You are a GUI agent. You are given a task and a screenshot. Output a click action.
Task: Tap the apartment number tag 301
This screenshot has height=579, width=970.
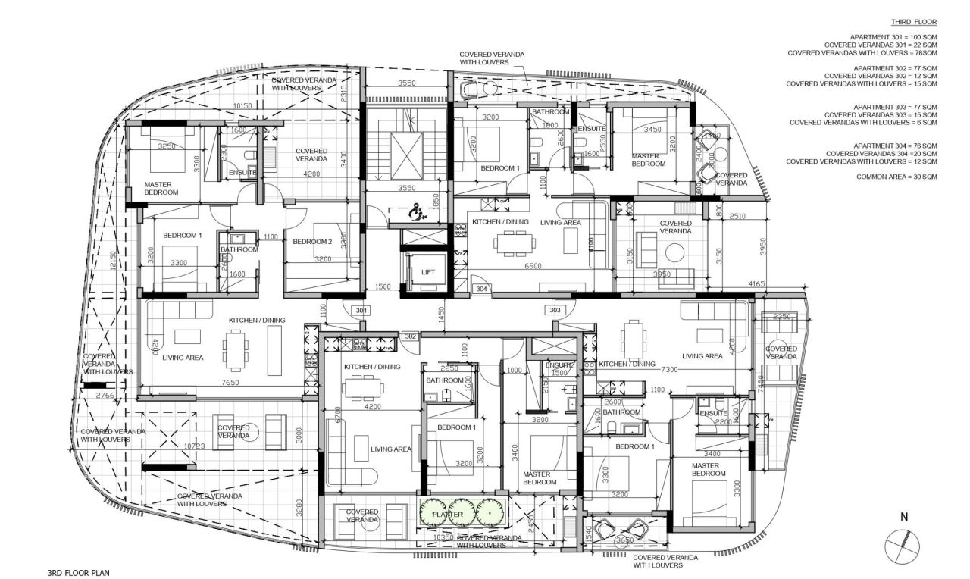tap(361, 310)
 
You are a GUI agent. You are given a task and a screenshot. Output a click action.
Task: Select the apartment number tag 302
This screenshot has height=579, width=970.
tap(411, 336)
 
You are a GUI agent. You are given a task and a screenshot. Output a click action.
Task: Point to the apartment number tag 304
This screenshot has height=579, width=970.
tap(480, 289)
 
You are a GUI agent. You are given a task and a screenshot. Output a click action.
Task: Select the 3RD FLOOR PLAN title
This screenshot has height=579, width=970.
tap(78, 574)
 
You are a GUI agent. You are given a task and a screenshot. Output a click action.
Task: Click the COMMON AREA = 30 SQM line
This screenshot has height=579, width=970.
tap(896, 177)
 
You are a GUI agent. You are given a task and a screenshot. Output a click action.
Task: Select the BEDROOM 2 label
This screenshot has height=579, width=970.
tap(312, 242)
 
